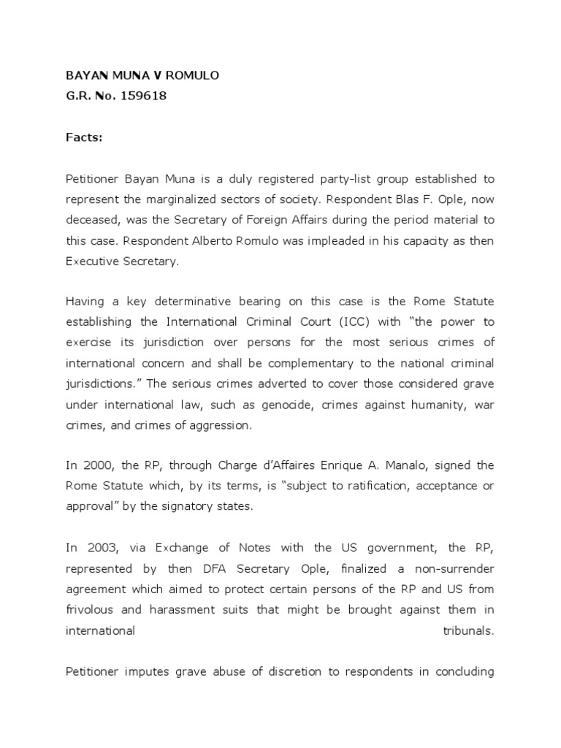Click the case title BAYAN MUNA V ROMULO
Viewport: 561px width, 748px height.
pos(131,76)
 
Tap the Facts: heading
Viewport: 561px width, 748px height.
pos(85,137)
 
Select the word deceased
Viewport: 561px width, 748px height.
pos(93,220)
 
